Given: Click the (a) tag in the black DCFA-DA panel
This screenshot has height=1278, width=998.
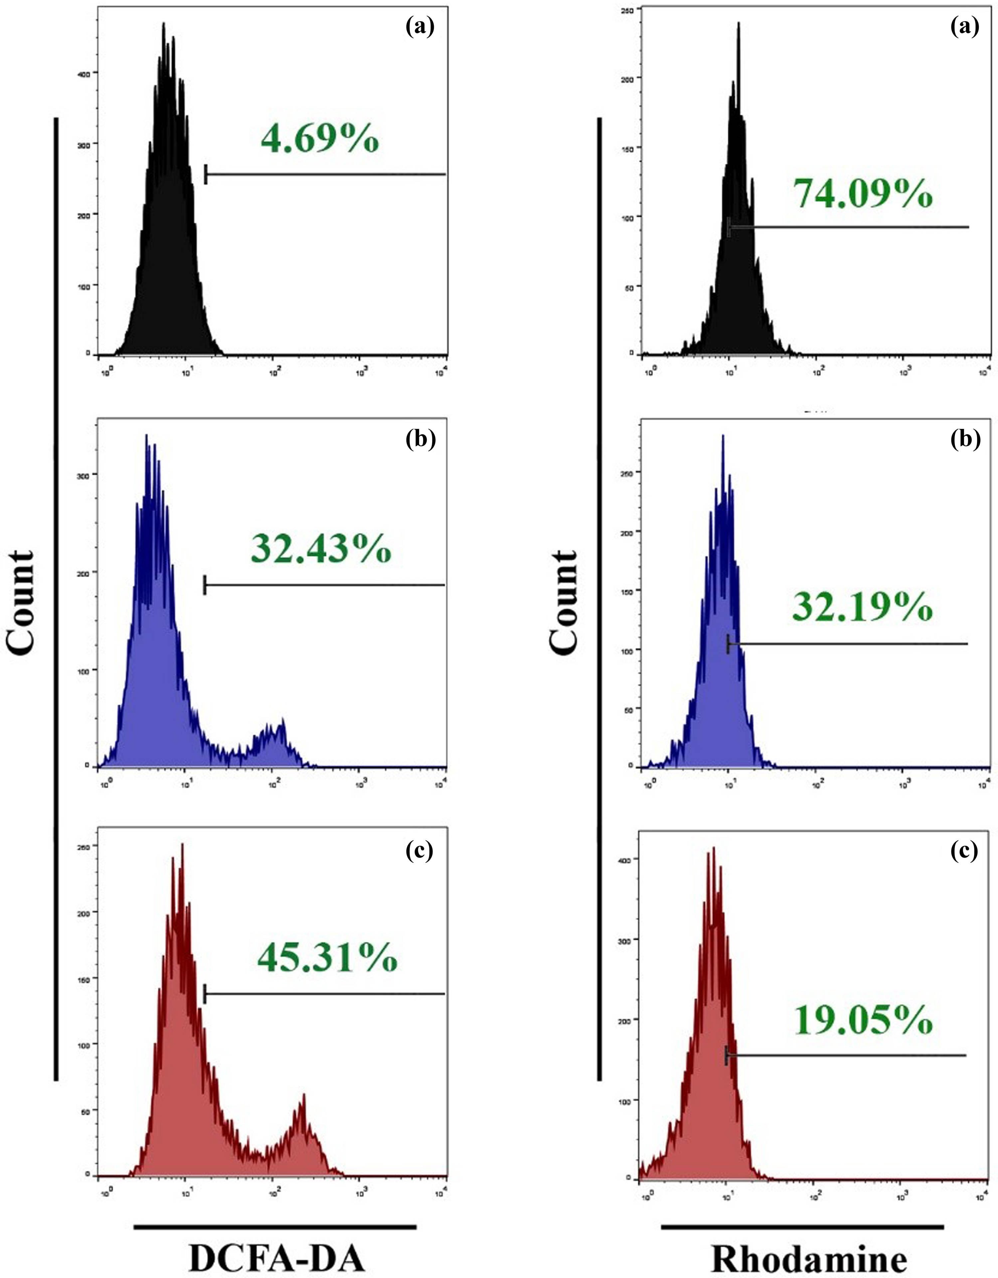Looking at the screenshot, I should click(x=420, y=28).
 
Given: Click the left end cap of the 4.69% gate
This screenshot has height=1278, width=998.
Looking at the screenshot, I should click(x=206, y=174).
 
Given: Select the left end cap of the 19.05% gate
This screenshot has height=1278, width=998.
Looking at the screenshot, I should click(x=727, y=1055).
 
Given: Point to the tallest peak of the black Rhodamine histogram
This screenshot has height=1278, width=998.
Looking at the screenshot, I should click(x=739, y=25).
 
